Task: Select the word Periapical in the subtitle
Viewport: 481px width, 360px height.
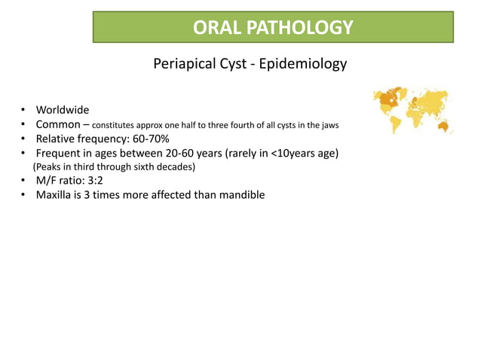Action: coord(185,64)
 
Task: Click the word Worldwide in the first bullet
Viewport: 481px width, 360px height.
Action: coord(63,110)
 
